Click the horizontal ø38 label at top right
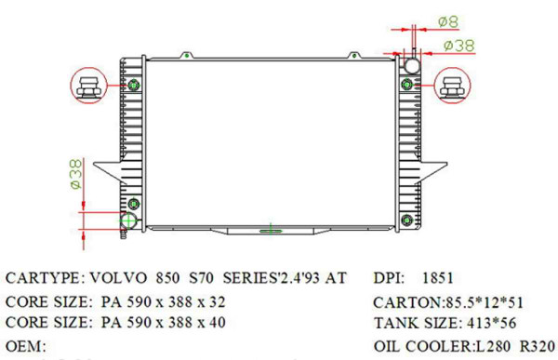tap(460, 44)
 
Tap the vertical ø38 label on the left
tap(76, 174)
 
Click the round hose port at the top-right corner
tap(410, 66)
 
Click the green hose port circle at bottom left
tap(128, 221)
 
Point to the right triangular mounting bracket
tap(432, 173)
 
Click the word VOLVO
tap(118, 278)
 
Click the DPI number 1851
tap(438, 278)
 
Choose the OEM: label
tap(27, 346)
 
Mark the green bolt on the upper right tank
tap(406, 86)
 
